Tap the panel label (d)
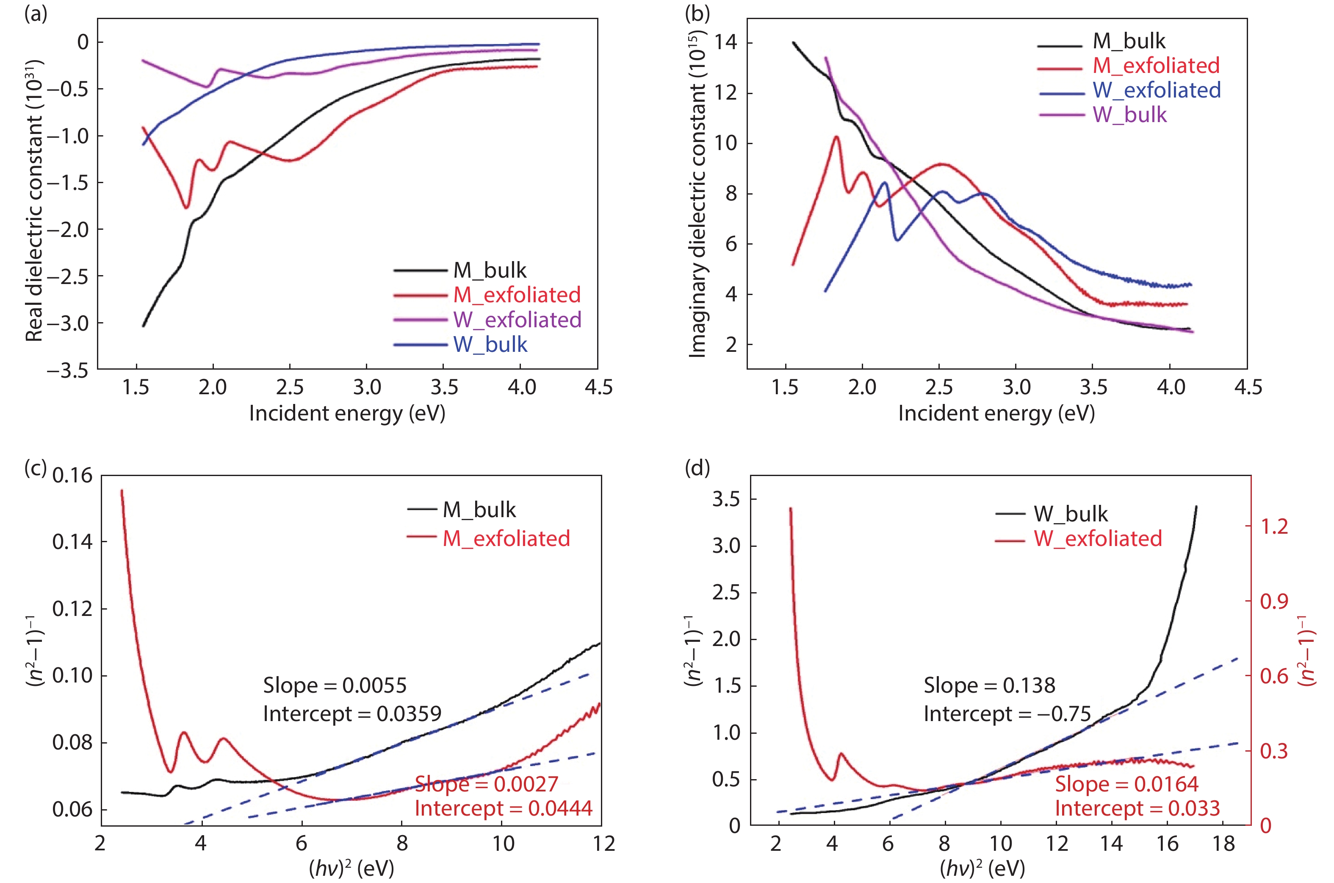(697, 468)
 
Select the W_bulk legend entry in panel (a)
(490, 344)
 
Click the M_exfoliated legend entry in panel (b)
(1156, 66)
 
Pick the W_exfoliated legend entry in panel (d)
(1097, 539)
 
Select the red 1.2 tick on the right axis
(1274, 526)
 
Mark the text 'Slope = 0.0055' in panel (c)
(335, 685)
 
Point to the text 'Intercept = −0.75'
(1007, 714)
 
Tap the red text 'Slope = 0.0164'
(1126, 784)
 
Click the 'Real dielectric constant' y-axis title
(35, 200)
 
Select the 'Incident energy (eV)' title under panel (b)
(996, 413)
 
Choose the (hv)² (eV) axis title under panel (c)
(351, 868)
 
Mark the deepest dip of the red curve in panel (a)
(187, 208)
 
